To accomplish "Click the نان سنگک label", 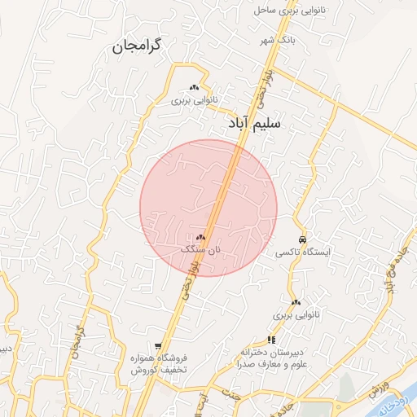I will point(200,248).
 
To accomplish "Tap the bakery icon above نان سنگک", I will point(200,237).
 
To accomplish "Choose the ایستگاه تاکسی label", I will point(302,252).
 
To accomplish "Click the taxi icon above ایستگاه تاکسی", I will point(302,240).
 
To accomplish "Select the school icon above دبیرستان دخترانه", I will point(270,340).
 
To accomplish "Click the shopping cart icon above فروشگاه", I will point(158,346).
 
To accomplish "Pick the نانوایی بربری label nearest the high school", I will point(293,314).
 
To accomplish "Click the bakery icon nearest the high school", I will point(295,302).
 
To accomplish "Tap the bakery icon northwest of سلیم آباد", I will point(194,87).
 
